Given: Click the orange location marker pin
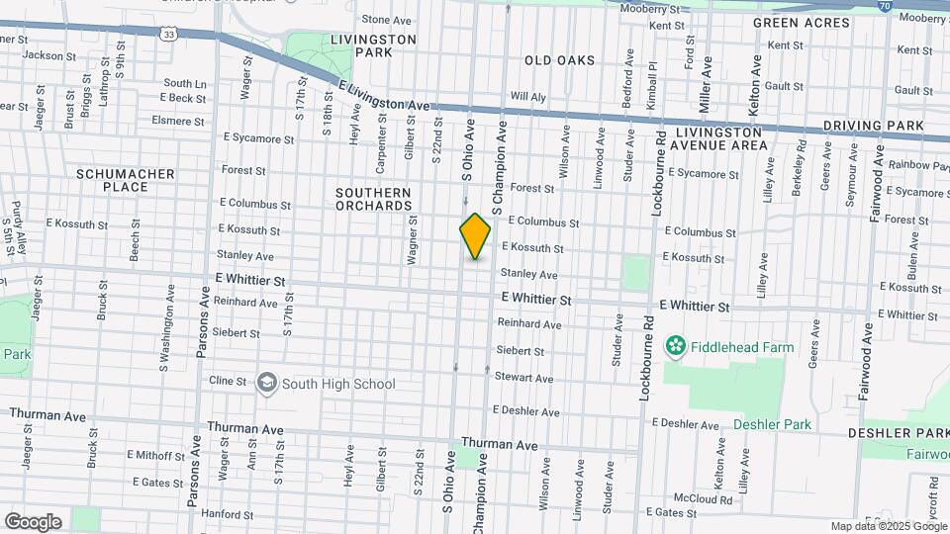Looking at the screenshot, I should coord(475,236).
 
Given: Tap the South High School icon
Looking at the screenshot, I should coord(266,383).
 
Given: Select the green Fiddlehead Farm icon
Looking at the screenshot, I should coord(676,346).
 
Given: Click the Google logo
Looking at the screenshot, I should coord(33,521).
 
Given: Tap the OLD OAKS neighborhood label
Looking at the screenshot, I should coord(559,60).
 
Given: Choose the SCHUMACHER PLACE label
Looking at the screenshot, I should coord(126,180).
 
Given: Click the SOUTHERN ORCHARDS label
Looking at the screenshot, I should coord(373,199).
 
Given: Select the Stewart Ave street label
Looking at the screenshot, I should coord(524,378).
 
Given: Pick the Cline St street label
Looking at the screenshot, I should coord(227,381).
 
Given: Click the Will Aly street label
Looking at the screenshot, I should coord(527,97).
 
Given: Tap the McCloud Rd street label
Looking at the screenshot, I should coord(701,498).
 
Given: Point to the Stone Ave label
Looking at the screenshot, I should coord(386,20).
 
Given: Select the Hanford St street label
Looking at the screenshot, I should coord(227,515).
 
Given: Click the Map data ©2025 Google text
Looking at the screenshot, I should coord(888,526).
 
